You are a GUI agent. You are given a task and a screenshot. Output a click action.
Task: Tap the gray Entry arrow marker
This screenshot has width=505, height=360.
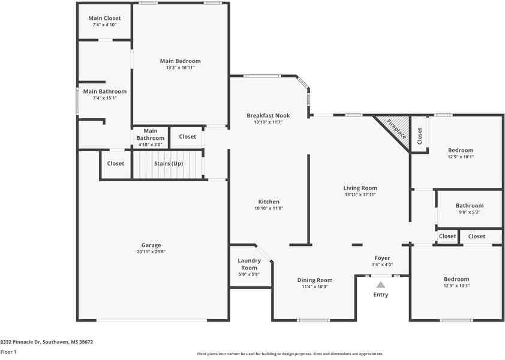pos(381,285)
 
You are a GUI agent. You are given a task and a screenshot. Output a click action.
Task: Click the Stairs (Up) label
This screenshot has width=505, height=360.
pos(169,164)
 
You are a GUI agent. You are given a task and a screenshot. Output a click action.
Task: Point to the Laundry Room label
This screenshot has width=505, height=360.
pos(249,264)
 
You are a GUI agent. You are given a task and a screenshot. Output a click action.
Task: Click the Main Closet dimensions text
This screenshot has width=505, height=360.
pos(104,25)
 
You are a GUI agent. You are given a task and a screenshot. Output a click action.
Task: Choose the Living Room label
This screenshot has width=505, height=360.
pos(360,188)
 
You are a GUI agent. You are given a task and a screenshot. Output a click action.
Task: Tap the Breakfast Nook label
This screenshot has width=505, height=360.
pos(268,115)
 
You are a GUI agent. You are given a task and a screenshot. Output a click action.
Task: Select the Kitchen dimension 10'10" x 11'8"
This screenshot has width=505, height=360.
pos(269,208)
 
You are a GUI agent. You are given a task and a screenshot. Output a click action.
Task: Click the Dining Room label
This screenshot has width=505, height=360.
pos(315,280)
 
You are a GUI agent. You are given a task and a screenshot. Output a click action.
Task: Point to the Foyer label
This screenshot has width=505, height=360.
pos(382,258)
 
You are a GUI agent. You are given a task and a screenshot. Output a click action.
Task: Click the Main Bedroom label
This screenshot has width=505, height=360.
pos(181,61)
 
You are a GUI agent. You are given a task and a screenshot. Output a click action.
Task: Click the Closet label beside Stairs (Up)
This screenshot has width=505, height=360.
pos(116,163)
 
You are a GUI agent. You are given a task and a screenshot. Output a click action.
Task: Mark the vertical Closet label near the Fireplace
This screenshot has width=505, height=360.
pos(419,136)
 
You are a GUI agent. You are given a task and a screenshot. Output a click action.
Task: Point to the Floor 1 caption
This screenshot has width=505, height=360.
pos(8,352)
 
